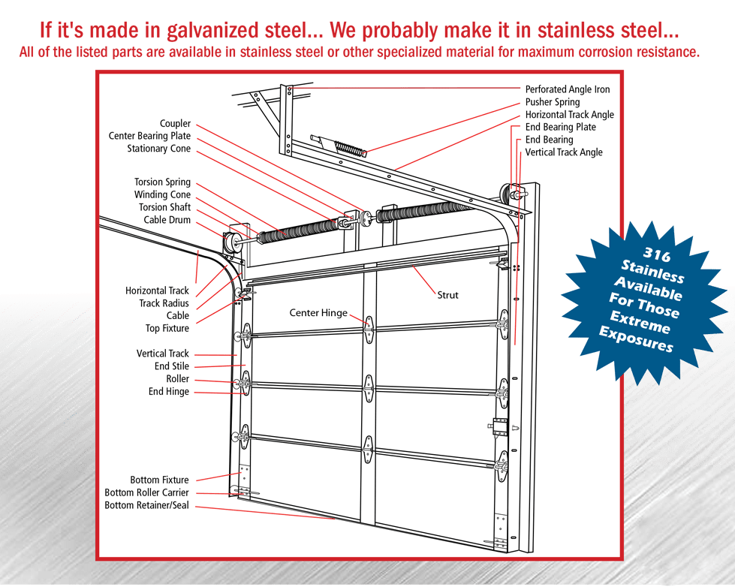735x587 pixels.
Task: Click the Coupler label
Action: [175, 124]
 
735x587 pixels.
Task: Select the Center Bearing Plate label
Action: [149, 137]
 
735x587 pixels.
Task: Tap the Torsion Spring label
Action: [162, 182]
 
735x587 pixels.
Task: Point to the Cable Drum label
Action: [167, 221]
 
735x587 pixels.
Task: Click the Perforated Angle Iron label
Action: [567, 89]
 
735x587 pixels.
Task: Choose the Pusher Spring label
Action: [552, 102]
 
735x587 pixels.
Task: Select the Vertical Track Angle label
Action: [563, 152]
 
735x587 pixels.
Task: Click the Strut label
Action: [447, 295]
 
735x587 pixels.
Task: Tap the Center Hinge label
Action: [318, 312]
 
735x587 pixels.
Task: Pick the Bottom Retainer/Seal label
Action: [147, 506]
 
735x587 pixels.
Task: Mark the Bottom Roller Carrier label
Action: [147, 493]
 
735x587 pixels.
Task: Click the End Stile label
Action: [172, 366]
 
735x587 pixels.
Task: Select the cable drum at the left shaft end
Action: [227, 242]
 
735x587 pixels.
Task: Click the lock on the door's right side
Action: [499, 427]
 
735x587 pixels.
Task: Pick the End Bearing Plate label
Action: [560, 128]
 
